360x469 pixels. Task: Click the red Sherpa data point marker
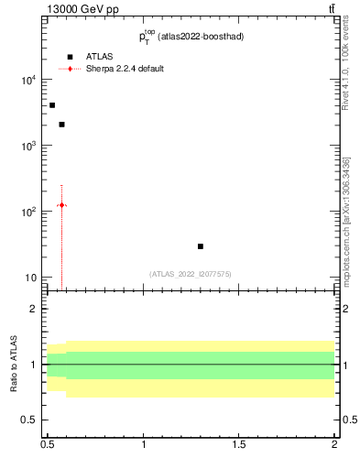tap(61, 205)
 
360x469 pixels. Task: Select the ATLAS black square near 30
tap(201, 246)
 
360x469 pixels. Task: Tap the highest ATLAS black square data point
tap(52, 105)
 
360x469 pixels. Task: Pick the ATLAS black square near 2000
tap(61, 125)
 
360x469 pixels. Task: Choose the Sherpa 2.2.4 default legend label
tap(125, 69)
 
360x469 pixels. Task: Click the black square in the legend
tap(70, 56)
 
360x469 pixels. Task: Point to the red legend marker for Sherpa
tap(70, 69)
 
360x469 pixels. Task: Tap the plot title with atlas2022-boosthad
tap(191, 37)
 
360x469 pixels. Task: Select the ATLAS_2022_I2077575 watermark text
tap(191, 274)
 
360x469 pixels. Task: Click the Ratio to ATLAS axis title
tap(14, 365)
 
